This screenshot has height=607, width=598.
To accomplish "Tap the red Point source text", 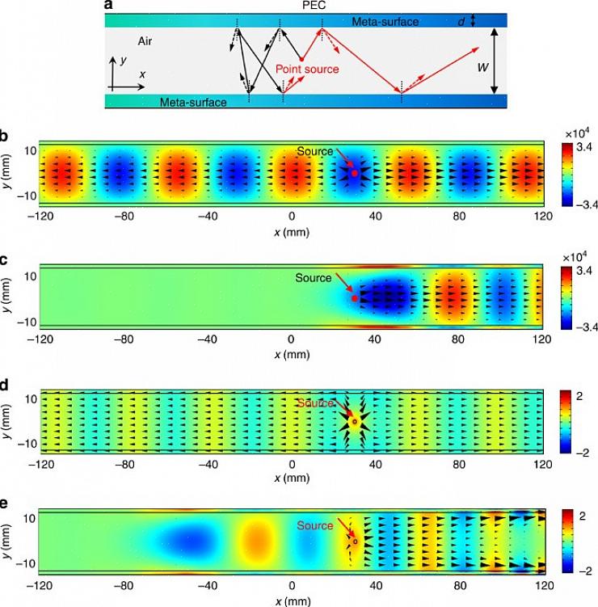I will (307, 70).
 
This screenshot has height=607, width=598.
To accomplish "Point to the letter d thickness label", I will (461, 22).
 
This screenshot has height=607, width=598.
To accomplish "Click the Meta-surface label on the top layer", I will (385, 22).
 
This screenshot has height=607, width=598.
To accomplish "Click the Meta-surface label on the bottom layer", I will (193, 102).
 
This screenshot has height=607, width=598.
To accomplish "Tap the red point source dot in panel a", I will (301, 59).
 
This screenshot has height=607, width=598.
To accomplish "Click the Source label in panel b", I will (314, 151).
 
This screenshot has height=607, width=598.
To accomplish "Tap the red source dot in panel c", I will (355, 298).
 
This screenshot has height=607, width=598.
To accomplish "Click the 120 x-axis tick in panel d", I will (542, 466).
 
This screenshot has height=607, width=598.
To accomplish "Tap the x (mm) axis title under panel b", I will (292, 230).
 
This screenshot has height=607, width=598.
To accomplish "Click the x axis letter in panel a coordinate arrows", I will (142, 74).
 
